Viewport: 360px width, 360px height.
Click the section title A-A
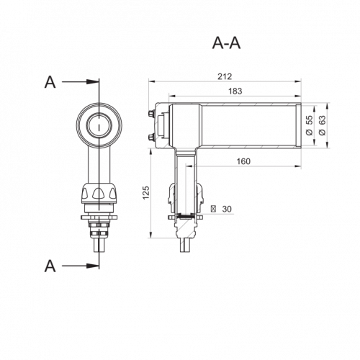point(226,43)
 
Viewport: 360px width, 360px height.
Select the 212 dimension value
point(225,76)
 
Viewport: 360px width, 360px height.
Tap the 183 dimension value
point(235,91)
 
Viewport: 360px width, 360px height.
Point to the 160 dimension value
point(243,161)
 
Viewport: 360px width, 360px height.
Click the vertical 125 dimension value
point(146,192)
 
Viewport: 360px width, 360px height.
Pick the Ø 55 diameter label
point(310,125)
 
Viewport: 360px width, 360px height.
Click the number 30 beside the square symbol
point(227,209)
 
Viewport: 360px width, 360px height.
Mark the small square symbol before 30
point(213,209)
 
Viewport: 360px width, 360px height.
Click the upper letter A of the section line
point(50,82)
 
